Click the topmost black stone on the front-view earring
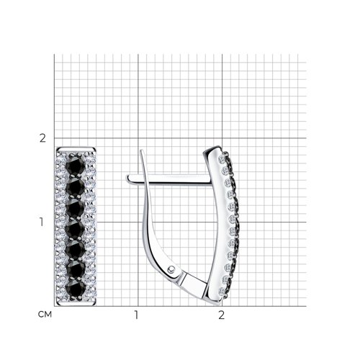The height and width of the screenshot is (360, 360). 76,164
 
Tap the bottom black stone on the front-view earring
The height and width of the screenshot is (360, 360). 76,289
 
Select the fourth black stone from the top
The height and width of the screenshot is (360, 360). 75,229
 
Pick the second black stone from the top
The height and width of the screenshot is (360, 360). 75,186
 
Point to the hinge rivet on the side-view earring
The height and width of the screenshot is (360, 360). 171,269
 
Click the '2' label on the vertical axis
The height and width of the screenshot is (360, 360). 42,138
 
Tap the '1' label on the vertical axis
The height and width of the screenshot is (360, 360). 42,222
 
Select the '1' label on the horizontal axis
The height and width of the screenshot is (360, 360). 136,315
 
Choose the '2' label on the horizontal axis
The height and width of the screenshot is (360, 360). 221,315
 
